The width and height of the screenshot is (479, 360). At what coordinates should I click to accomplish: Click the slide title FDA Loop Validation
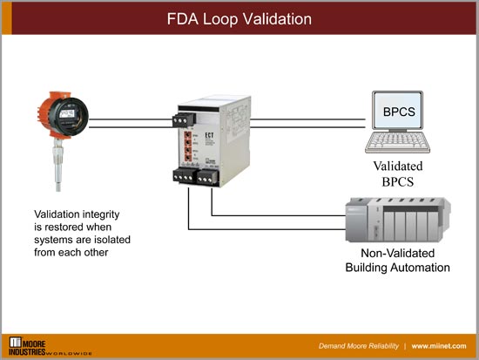(x=239, y=18)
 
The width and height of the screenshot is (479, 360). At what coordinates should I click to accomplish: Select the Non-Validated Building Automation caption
(x=393, y=261)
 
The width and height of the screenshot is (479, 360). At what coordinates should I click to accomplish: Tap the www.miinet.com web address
(x=443, y=344)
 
